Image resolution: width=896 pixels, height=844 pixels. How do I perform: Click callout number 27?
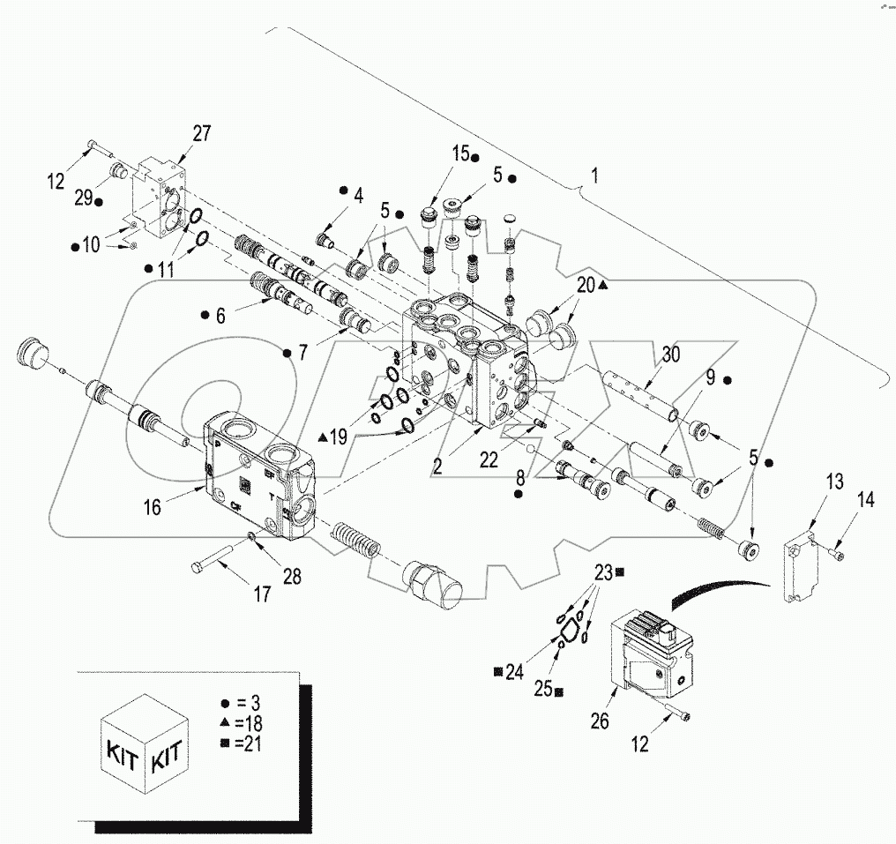point(202,133)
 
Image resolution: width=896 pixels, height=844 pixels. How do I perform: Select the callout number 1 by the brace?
point(594,175)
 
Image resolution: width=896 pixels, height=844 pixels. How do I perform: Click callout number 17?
point(262,595)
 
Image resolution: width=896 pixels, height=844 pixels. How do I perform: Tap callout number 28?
point(290,577)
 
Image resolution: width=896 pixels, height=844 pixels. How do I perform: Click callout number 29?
point(83,199)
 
